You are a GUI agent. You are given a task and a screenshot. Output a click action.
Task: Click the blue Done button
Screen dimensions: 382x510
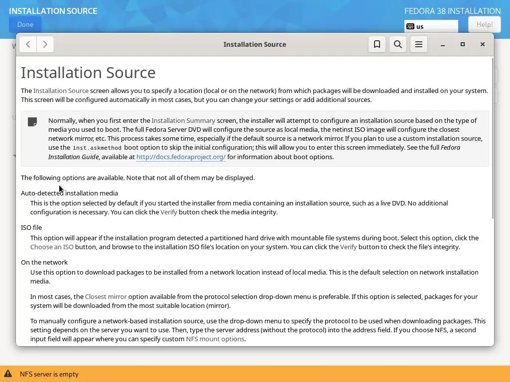[x=25, y=24]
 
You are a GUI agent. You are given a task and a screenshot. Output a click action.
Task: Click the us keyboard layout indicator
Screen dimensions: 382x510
[x=431, y=26]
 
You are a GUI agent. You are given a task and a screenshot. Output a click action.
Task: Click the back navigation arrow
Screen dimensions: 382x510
[x=28, y=44]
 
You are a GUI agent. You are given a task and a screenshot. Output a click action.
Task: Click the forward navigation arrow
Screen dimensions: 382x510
[x=45, y=44]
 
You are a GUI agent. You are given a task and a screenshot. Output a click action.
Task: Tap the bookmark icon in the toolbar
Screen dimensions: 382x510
[x=377, y=44]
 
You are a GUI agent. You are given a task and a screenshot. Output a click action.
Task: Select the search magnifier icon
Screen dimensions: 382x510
[x=398, y=44]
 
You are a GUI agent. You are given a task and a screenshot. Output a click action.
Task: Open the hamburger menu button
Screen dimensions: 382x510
[x=419, y=44]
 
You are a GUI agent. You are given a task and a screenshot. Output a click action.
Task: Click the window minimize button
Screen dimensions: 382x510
[x=442, y=44]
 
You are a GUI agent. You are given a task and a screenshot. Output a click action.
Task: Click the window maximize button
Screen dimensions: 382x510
[x=463, y=44]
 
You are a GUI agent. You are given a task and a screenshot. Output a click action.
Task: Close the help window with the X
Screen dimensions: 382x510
[x=483, y=44]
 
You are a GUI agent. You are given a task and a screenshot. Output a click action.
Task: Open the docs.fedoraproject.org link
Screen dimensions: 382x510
[x=181, y=157]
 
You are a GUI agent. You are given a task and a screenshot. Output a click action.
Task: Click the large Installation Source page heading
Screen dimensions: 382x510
[x=88, y=73]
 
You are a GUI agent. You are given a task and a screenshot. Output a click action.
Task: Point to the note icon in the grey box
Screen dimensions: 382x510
[x=32, y=122]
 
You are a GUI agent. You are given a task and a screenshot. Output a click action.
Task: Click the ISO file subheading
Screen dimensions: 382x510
[x=31, y=227]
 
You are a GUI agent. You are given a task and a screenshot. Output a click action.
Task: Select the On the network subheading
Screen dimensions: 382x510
[x=44, y=262]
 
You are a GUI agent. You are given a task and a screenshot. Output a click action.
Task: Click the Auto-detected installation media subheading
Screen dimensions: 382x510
[x=69, y=193]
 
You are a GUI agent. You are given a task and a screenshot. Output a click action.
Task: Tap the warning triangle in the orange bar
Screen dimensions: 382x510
[x=8, y=374]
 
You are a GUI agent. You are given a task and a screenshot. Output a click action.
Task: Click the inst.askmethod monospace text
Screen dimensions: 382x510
[x=97, y=148]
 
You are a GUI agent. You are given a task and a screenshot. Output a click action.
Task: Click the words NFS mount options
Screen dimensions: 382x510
[x=215, y=339]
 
